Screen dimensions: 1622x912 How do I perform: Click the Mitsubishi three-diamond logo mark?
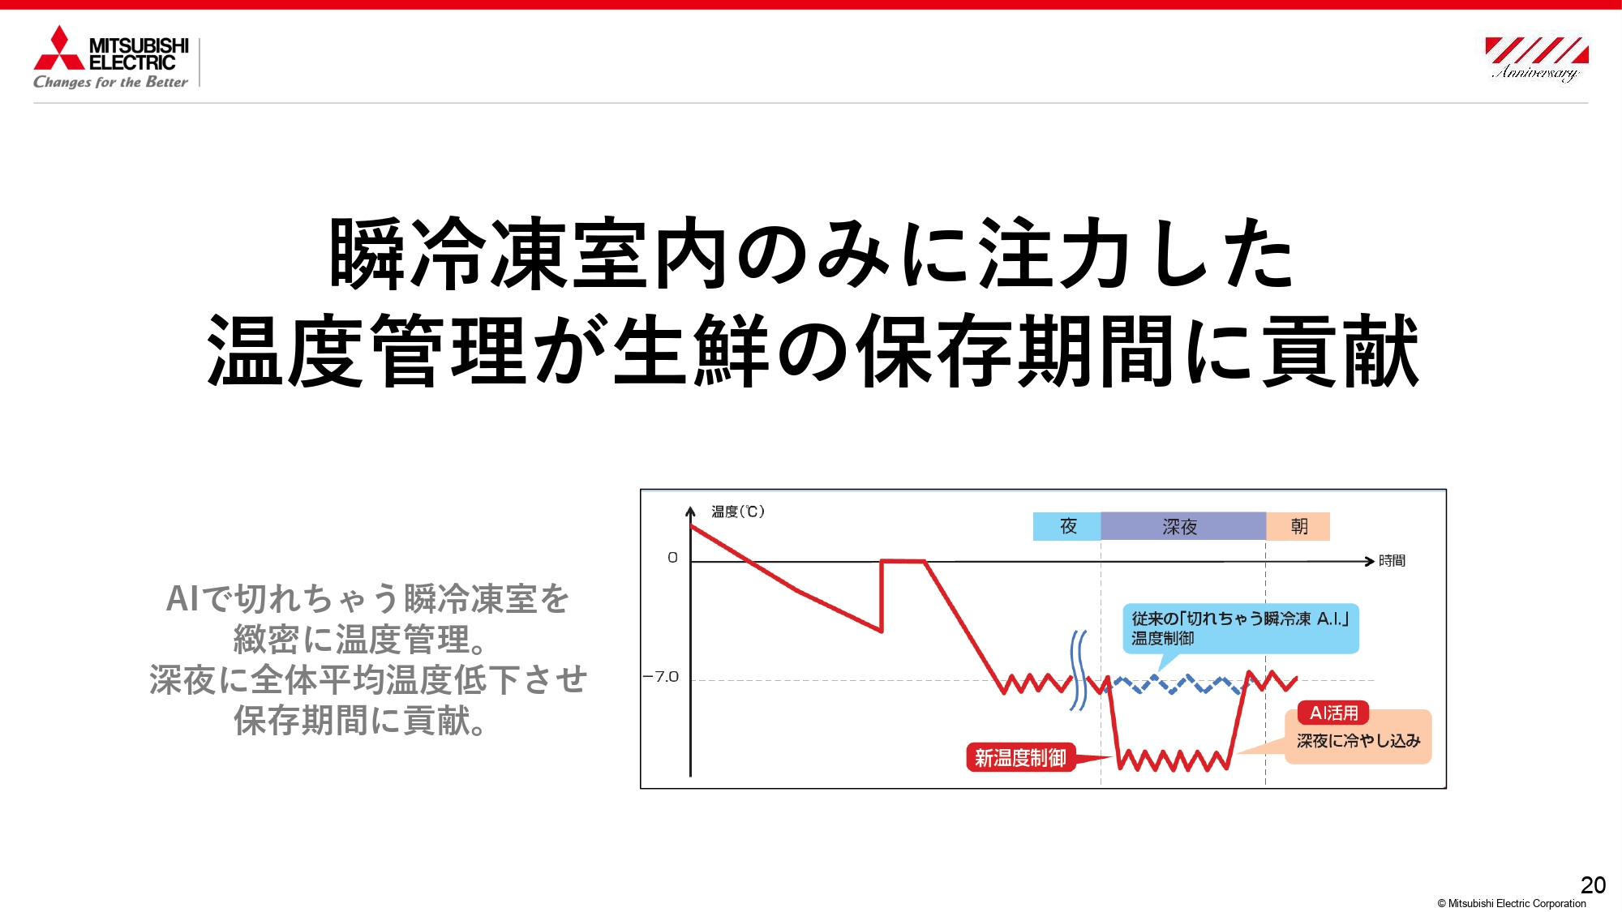coord(58,48)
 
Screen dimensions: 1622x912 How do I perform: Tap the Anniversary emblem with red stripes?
coord(1535,58)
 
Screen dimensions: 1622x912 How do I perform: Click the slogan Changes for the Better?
coord(110,82)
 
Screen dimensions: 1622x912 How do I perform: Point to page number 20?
coord(1593,884)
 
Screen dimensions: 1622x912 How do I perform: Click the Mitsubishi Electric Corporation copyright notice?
coord(1512,903)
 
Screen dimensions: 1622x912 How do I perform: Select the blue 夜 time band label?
coord(1067,526)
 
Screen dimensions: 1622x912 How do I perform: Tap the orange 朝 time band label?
coord(1298,526)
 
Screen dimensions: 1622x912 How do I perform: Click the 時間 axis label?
coord(1392,560)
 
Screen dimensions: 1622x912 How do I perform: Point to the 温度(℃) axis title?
coord(738,512)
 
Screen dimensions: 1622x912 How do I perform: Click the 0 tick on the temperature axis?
coord(672,558)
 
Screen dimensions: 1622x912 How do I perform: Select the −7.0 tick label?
coord(661,676)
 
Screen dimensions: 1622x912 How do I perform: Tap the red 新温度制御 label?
coord(1020,757)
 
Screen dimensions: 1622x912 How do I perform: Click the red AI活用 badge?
coord(1333,713)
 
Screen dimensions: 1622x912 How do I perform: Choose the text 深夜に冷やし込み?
coord(1358,740)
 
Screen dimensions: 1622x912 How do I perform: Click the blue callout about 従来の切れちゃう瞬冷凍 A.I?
coord(1240,628)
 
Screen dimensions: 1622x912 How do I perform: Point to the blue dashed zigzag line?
coord(1176,685)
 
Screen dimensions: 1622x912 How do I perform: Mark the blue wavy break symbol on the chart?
coord(1078,671)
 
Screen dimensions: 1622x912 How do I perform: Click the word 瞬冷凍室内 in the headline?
coord(528,254)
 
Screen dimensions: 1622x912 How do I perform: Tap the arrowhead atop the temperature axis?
coord(690,512)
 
